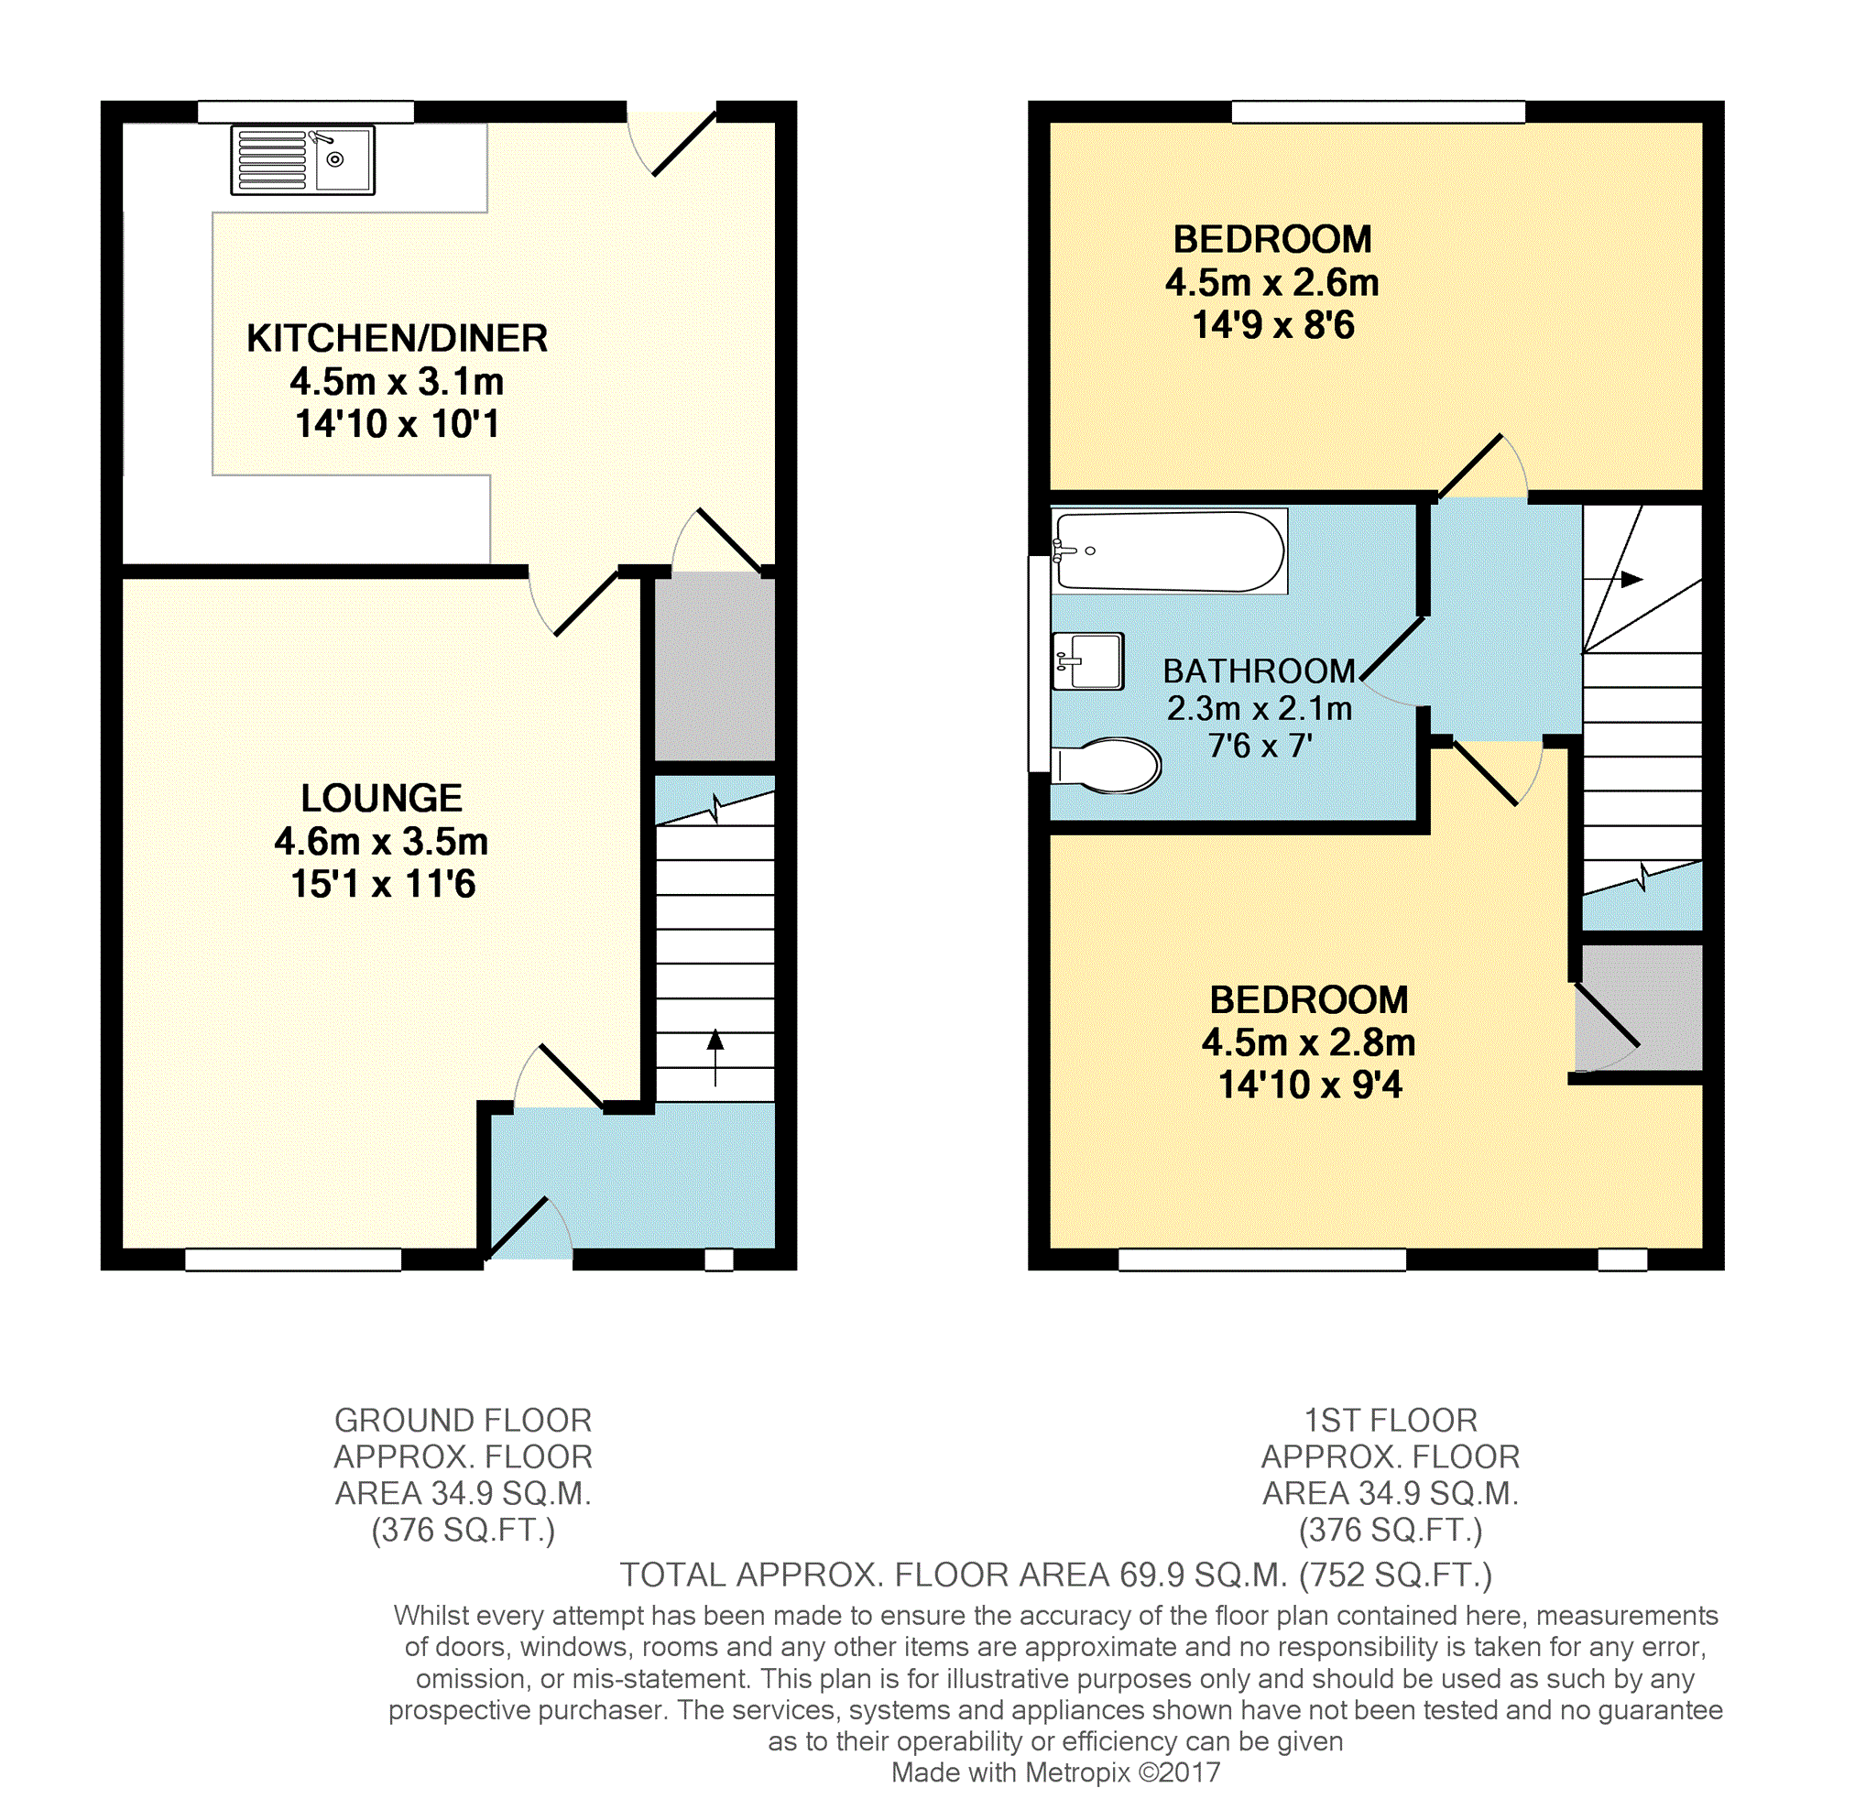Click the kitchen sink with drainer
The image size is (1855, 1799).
click(303, 160)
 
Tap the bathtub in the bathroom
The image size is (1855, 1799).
click(1170, 551)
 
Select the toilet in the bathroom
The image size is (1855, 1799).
click(1107, 765)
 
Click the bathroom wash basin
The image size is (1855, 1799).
click(1088, 660)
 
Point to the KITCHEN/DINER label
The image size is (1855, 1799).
click(398, 338)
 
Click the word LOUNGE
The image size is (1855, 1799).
click(381, 798)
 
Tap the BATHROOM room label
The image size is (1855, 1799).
click(1259, 671)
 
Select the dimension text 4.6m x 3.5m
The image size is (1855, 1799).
click(381, 840)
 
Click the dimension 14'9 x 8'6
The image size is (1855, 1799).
click(1273, 325)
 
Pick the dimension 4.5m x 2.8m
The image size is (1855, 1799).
click(1309, 1041)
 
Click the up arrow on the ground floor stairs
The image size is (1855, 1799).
click(715, 1056)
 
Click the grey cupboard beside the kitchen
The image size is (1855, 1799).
click(715, 666)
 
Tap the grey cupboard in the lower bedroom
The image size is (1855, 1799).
click(1639, 1008)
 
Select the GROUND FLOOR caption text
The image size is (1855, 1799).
click(463, 1421)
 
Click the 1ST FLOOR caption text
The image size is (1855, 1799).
click(1391, 1421)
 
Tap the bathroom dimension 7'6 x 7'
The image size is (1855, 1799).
click(1260, 746)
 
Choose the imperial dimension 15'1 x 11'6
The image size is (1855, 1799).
click(382, 884)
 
